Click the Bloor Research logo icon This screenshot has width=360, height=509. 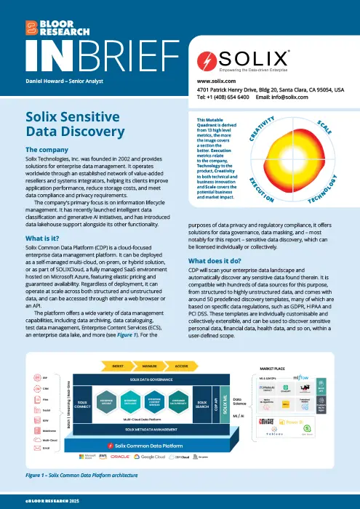pyautogui.click(x=31, y=27)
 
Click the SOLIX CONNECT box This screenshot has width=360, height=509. pyautogui.click(x=84, y=404)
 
